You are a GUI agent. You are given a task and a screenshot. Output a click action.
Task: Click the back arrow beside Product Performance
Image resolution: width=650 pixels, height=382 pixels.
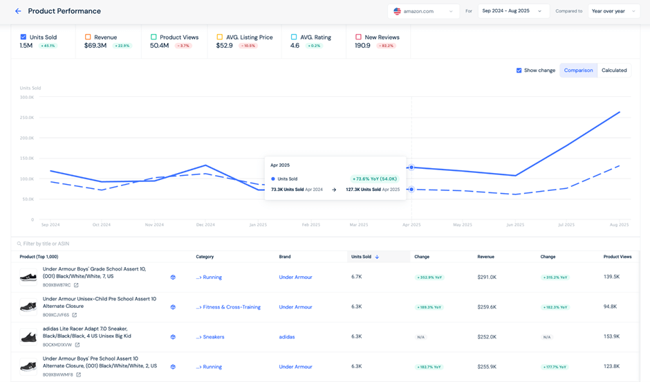point(18,11)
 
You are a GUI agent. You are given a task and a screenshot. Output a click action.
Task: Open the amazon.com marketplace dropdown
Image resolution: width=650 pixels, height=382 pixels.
point(423,11)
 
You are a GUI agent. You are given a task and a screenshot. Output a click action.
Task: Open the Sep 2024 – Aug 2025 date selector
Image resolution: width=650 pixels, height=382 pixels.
point(512,11)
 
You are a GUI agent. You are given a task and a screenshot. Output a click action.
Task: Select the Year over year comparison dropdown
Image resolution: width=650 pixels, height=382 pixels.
point(613,11)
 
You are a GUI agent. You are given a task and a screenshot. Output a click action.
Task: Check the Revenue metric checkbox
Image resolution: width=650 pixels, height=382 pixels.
point(88,37)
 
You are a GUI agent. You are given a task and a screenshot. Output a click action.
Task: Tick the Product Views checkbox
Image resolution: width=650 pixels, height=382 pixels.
point(154,37)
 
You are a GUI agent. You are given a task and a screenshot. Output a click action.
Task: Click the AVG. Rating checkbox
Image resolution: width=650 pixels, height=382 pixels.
point(294,37)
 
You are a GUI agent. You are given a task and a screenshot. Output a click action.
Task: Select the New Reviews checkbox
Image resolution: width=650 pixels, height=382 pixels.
point(358,37)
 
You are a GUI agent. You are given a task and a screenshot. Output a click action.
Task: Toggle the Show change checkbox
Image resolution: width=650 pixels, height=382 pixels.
point(519,71)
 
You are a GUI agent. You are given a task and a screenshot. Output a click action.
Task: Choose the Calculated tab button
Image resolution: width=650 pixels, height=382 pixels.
point(613,71)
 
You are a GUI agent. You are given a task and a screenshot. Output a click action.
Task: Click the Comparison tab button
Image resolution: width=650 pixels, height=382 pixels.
point(578,71)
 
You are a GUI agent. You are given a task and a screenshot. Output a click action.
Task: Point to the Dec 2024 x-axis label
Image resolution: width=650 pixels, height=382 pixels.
point(205,225)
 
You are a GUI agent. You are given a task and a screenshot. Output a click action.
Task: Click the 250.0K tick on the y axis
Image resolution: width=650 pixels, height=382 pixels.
point(26,118)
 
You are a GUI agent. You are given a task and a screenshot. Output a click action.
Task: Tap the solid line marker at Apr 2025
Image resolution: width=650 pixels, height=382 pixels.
point(411,167)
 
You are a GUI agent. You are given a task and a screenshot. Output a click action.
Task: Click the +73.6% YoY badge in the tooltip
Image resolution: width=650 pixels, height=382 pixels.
point(374,179)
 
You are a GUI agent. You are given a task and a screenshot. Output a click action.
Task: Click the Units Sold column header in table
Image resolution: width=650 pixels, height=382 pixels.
point(362,257)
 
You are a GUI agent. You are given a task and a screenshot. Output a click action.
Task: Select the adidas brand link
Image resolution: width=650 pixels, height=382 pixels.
point(287,337)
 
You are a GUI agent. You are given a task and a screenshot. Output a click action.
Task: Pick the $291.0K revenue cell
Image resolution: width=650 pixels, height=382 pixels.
point(486,277)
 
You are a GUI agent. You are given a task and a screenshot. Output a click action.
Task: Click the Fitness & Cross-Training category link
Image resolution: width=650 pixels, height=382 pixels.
point(231,307)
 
